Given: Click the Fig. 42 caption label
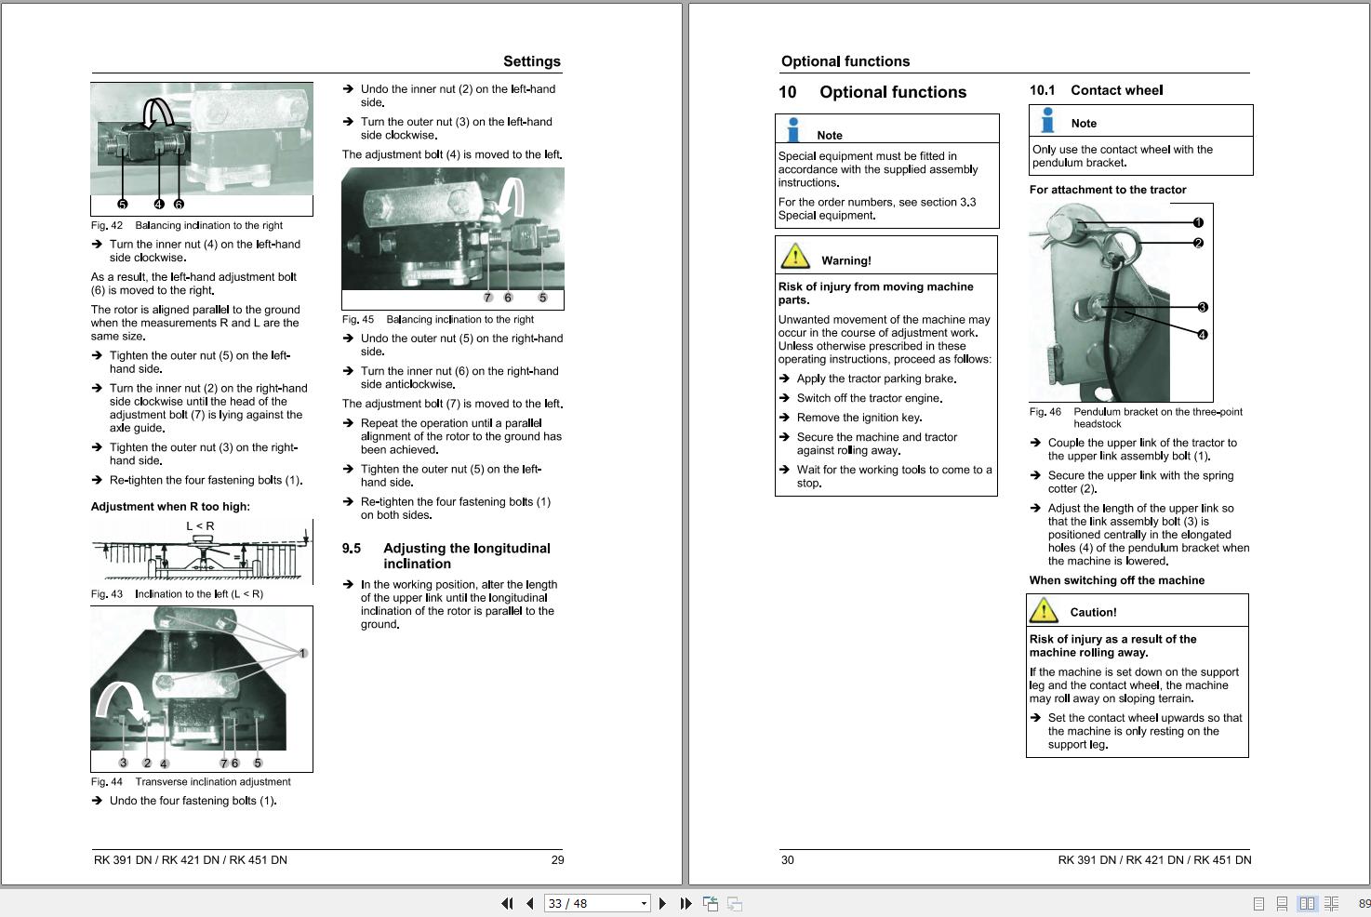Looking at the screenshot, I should tap(107, 225).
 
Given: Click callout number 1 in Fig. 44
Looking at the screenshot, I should tap(302, 653).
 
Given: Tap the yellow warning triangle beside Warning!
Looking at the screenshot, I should tap(795, 256).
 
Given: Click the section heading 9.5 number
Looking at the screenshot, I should tap(352, 549).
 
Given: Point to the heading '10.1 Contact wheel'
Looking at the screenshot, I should tap(1096, 90).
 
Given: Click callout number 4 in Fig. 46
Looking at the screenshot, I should tap(1202, 335).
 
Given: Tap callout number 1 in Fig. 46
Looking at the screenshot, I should tap(1198, 222).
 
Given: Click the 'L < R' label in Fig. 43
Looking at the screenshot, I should tap(200, 526).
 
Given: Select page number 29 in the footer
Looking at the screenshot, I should tap(557, 860).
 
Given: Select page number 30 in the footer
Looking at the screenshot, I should tap(788, 860).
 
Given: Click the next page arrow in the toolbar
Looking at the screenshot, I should tap(662, 903).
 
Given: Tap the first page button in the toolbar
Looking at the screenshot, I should tap(507, 903).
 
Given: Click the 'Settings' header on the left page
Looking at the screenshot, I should tap(531, 61).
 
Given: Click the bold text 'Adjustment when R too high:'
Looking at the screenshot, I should tap(170, 507).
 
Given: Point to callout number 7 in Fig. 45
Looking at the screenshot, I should tap(487, 298).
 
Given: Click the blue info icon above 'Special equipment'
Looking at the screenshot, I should tap(792, 129).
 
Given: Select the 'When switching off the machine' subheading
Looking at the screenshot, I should tap(1116, 580).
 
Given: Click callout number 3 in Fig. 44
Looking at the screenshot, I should tap(123, 763).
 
